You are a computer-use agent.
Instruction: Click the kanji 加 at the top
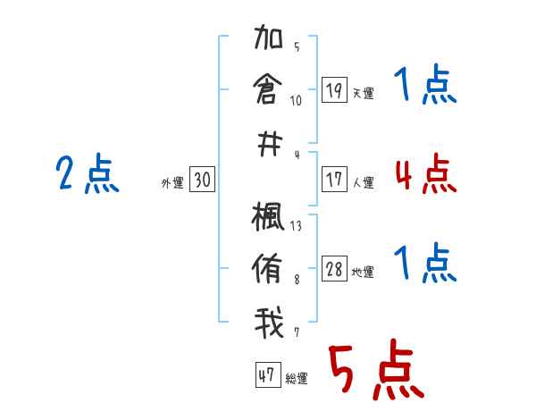coord(269,41)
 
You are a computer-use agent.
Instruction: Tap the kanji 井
coord(269,145)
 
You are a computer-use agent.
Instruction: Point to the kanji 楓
coord(269,218)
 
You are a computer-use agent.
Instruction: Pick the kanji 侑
coord(269,268)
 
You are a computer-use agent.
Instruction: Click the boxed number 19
coord(334,90)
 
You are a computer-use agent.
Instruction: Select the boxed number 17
coord(334,180)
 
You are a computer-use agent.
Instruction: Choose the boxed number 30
coord(202,181)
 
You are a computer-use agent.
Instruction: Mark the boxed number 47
coord(266,375)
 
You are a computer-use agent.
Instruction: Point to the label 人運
coord(363,182)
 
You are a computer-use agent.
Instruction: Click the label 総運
coord(297,378)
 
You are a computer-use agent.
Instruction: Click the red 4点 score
coord(425,173)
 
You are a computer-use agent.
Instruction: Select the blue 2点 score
coord(88,173)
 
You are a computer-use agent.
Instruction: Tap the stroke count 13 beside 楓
coord(296,226)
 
